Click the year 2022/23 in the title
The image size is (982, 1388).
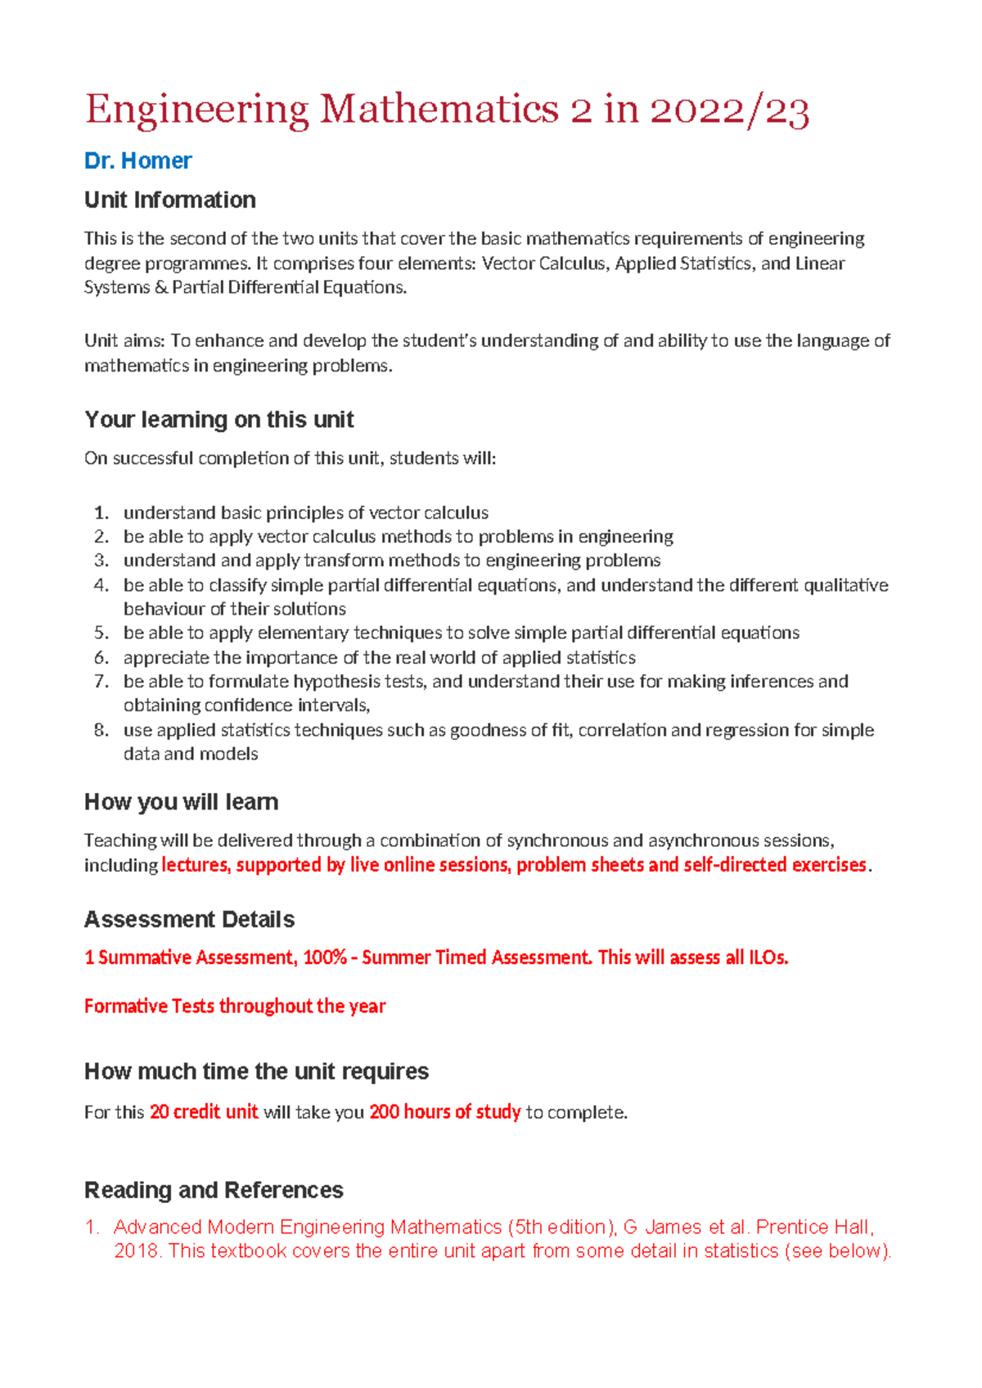(x=730, y=110)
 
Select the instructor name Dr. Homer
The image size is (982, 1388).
(x=137, y=160)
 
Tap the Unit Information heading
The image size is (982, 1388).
(x=169, y=200)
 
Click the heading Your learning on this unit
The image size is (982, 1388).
(x=218, y=419)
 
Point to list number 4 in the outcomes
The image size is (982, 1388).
(x=101, y=585)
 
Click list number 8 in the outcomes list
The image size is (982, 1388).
(x=101, y=730)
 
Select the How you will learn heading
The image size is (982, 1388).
(x=181, y=802)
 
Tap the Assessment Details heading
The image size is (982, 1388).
(x=189, y=919)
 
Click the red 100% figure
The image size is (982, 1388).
(x=324, y=958)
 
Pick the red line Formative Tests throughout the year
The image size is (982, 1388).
(x=234, y=1006)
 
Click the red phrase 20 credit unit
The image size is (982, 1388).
(x=204, y=1112)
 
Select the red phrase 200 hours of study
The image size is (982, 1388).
(x=444, y=1112)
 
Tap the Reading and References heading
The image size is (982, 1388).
(x=214, y=1190)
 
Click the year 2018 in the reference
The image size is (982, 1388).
(x=136, y=1251)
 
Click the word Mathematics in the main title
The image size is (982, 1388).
(x=439, y=110)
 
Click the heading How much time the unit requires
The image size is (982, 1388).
(x=256, y=1071)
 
